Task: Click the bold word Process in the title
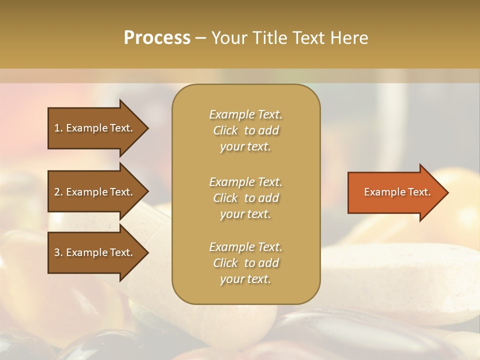click(x=157, y=38)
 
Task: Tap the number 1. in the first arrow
click(x=58, y=128)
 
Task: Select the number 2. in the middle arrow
click(x=58, y=192)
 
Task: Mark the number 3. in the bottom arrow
click(x=58, y=252)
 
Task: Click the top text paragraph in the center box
click(x=245, y=130)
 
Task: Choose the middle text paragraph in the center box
click(x=245, y=198)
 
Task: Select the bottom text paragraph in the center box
click(x=245, y=263)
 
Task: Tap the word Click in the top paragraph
click(x=225, y=130)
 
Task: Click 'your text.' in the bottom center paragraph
click(x=245, y=279)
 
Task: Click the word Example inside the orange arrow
click(x=383, y=192)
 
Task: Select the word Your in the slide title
click(x=231, y=38)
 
